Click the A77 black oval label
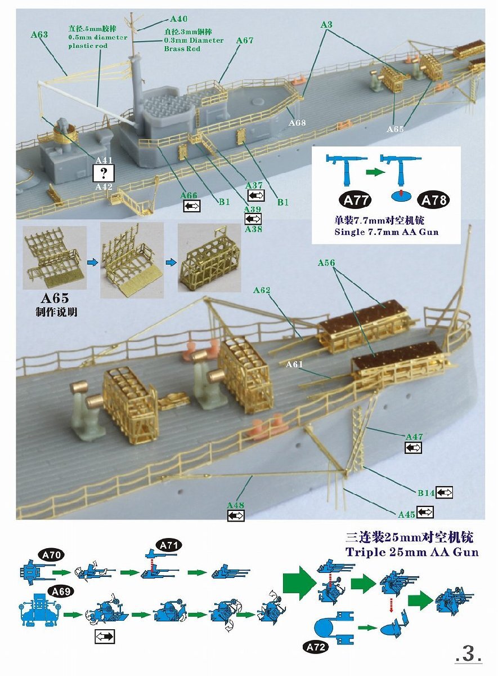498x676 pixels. [x=355, y=200]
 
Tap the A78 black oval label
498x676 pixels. [x=433, y=200]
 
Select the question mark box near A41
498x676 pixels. [x=104, y=174]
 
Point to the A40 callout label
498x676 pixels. [x=179, y=19]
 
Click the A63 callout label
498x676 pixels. [x=39, y=34]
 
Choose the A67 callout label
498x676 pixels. [x=245, y=40]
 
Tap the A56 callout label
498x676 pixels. [x=326, y=263]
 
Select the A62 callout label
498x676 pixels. [x=262, y=290]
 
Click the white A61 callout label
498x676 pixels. [x=294, y=364]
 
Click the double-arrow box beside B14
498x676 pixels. [x=444, y=493]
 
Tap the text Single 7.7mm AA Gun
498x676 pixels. [x=387, y=232]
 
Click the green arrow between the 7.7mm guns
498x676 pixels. [x=375, y=172]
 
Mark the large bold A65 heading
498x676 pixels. [x=55, y=298]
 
